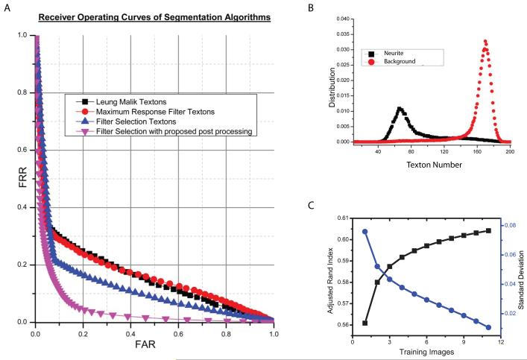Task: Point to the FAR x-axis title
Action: click(155, 346)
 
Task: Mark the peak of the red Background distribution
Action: click(485, 41)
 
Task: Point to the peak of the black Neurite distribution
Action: click(400, 109)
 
